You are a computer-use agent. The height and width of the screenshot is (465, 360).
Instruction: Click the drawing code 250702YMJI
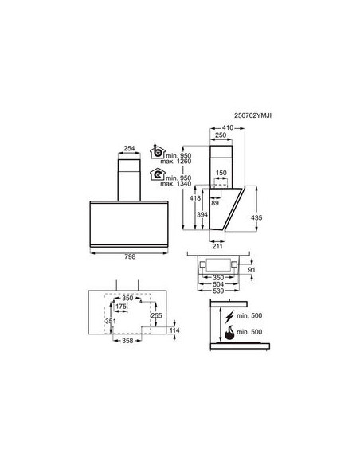[x=252, y=115]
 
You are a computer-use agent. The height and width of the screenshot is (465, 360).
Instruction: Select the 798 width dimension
[x=130, y=257]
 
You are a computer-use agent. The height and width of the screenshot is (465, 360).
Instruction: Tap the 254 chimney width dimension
[x=129, y=148]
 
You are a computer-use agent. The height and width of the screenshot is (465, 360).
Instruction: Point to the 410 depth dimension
[x=228, y=128]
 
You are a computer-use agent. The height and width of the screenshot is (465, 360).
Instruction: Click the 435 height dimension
[x=256, y=217]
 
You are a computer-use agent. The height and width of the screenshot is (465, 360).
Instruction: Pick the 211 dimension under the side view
[x=217, y=246]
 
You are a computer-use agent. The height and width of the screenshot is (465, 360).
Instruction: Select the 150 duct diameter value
[x=221, y=173]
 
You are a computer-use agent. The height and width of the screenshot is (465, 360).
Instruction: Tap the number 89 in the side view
[x=215, y=203]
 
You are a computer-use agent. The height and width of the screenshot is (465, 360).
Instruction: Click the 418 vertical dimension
[x=195, y=198]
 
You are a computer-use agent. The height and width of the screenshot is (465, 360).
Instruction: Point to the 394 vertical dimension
[x=202, y=215]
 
